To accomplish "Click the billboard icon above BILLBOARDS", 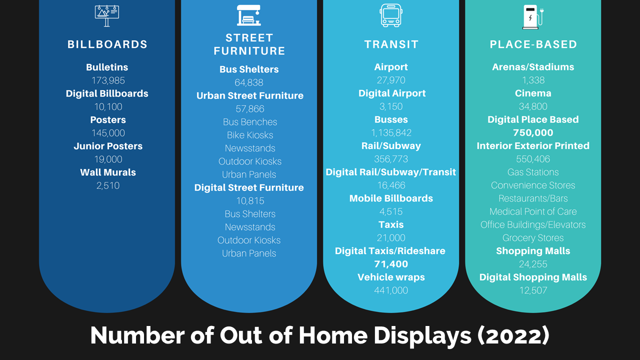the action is click(107, 16).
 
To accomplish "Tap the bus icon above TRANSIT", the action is click(391, 15).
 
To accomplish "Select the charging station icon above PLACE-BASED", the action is click(533, 17).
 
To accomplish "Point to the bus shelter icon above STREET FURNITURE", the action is click(249, 15).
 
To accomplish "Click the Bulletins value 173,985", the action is click(108, 80).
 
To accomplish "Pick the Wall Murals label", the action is click(108, 172).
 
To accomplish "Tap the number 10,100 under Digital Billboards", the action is click(108, 107).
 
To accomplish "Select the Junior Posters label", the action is click(108, 146).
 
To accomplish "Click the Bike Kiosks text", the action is click(250, 135).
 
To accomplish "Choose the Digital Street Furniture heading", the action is click(249, 187).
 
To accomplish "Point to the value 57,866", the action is click(250, 109).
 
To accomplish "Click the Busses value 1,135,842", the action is click(391, 133).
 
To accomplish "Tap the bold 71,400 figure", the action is click(391, 264).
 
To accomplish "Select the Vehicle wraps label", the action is click(391, 277).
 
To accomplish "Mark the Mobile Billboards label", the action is click(391, 198).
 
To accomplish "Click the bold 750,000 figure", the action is click(533, 132).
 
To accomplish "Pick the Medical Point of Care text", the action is click(533, 211).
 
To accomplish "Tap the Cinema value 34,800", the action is click(533, 106).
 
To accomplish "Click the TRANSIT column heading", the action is click(391, 44).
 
